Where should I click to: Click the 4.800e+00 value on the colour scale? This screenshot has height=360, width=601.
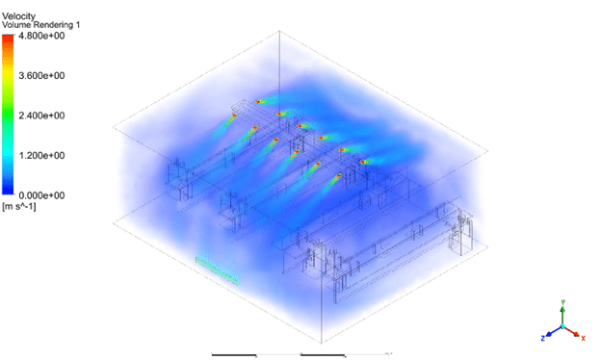(41, 36)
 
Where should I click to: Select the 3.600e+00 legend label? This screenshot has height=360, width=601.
(41, 75)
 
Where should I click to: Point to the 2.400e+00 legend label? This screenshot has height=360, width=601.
(41, 116)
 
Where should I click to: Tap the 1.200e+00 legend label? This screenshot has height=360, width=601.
(41, 155)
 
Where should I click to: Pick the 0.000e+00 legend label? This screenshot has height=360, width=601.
(41, 195)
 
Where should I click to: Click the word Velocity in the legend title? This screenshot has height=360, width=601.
(19, 16)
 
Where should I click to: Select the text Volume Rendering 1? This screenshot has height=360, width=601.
(41, 25)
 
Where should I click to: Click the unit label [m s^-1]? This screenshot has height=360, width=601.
(19, 206)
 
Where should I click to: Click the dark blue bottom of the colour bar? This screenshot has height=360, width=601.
(8, 192)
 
